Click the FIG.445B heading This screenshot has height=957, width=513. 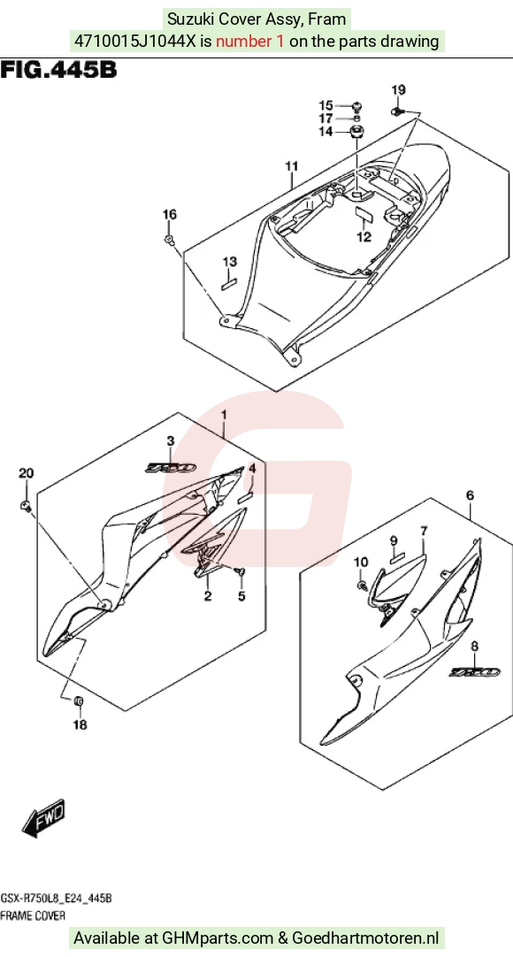[58, 70]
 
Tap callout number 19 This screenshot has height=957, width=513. [398, 90]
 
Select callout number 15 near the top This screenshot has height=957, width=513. [325, 105]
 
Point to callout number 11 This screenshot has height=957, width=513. [292, 166]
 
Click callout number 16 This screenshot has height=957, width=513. [169, 214]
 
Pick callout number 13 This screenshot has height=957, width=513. [229, 263]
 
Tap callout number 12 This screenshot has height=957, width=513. [364, 237]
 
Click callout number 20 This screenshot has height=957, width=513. [27, 473]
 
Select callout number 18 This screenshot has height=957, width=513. [80, 725]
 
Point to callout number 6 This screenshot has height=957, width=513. [470, 495]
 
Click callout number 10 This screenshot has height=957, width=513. [361, 563]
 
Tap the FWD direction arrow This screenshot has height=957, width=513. [42, 816]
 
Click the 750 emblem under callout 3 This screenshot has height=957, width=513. [170, 468]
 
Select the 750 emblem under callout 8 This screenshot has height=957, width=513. [475, 672]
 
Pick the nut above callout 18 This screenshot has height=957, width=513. [79, 702]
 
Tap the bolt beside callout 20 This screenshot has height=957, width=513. [27, 505]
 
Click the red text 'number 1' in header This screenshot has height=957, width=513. [250, 42]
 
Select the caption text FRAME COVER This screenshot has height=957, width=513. [33, 915]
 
